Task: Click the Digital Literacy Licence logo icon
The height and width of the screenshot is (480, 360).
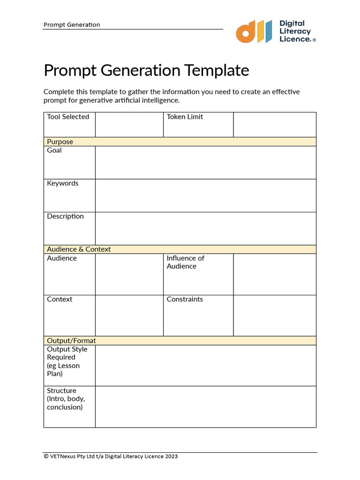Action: click(254, 31)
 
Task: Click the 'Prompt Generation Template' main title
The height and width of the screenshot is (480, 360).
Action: click(146, 70)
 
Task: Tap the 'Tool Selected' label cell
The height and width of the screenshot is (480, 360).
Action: click(68, 117)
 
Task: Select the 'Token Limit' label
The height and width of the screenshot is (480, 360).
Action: click(185, 117)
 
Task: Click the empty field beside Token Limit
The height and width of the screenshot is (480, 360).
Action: click(274, 124)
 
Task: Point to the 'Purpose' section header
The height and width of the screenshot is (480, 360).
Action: click(60, 142)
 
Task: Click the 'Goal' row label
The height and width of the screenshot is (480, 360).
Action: click(54, 150)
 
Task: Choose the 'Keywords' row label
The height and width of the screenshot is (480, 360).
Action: click(63, 183)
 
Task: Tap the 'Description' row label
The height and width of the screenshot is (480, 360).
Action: click(65, 216)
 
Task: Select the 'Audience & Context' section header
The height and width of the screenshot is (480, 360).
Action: click(79, 249)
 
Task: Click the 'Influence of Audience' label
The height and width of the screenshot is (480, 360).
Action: click(186, 262)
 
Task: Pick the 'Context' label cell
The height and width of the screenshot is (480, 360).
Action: click(60, 299)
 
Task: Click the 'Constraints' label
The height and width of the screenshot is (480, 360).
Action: click(185, 299)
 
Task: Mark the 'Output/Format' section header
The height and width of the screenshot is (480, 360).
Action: click(71, 341)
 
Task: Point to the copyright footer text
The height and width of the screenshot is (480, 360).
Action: click(111, 456)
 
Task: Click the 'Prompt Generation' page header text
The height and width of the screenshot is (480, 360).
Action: click(72, 25)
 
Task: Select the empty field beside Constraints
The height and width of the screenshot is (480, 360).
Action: click(274, 315)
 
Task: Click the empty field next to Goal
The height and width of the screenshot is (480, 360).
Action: click(205, 162)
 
